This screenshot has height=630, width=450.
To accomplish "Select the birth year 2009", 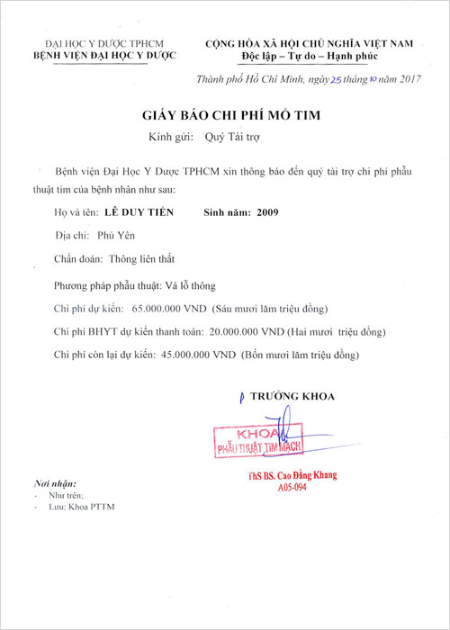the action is coord(268,213).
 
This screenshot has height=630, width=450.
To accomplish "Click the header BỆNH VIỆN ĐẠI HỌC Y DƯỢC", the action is coord(105,56).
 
